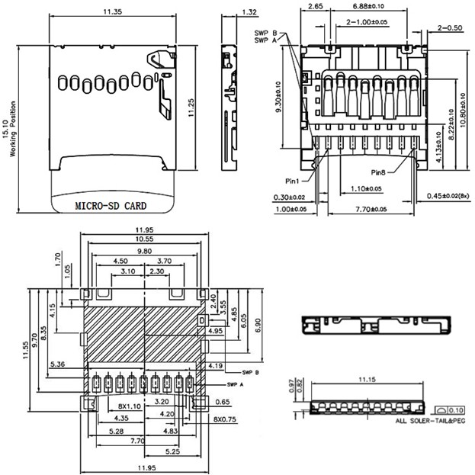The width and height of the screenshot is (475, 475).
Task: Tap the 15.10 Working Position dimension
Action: (9, 128)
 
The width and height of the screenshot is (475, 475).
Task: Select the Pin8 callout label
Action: (383, 172)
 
